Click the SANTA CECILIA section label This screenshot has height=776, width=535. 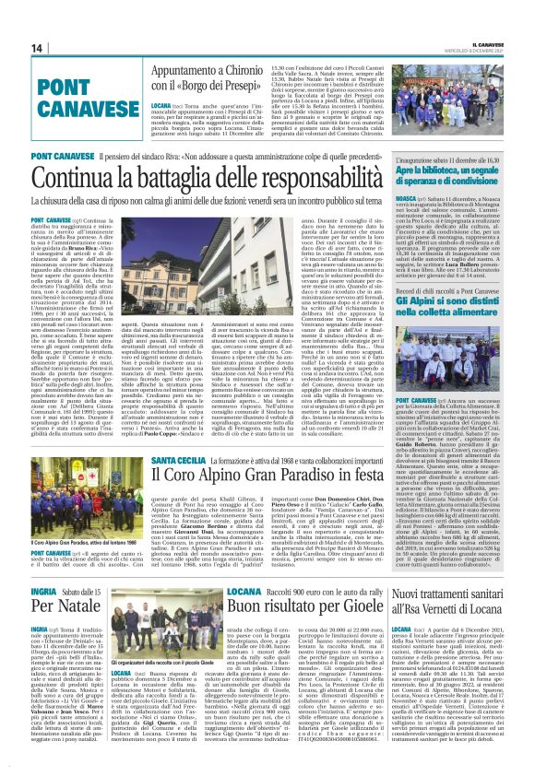(158, 458)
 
